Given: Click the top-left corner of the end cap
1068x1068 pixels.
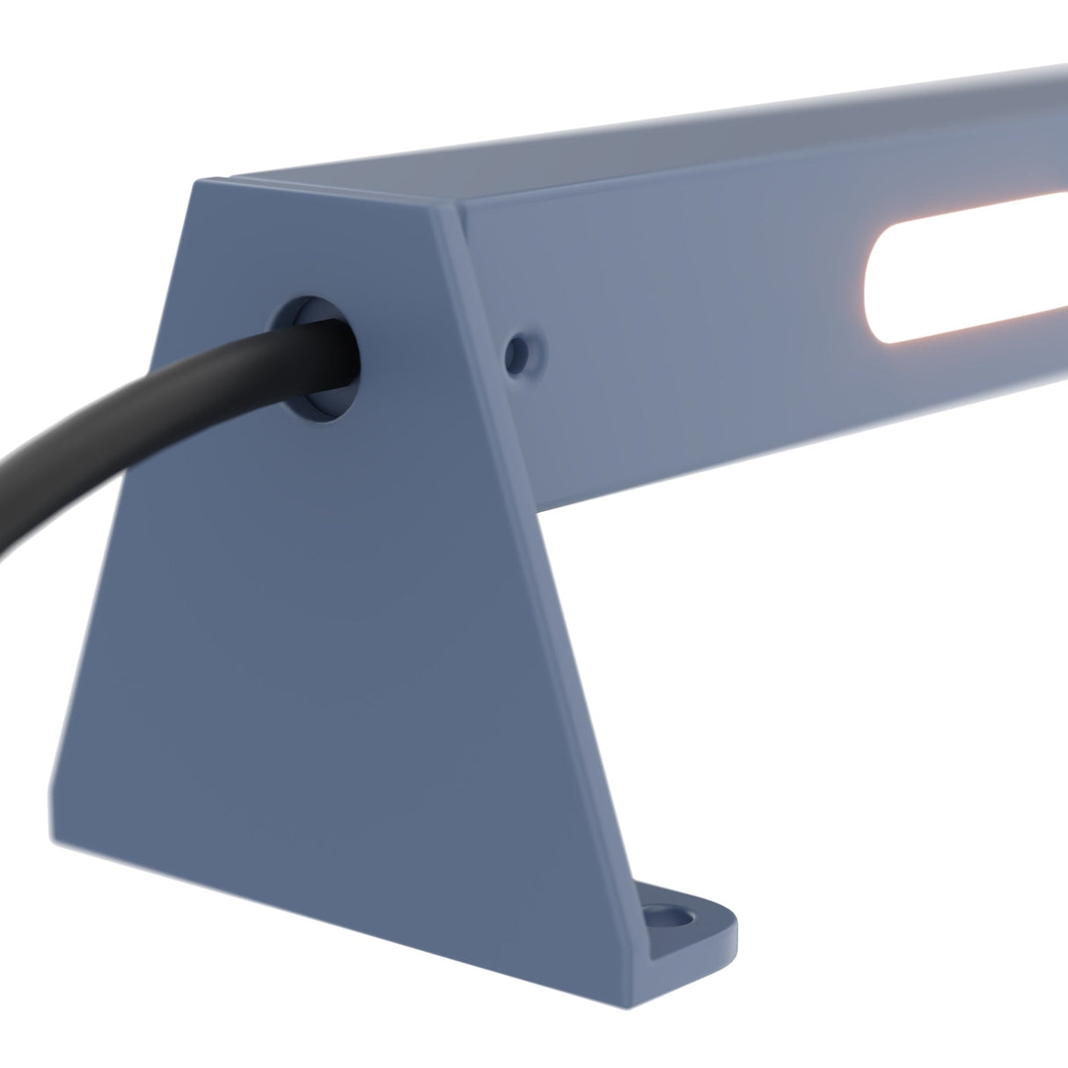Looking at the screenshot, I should coord(195,181).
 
